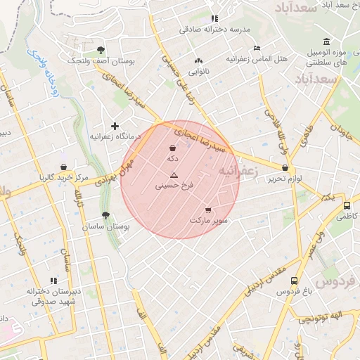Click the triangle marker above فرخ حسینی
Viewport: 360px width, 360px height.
(x=174, y=174)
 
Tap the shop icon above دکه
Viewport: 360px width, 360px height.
(x=173, y=148)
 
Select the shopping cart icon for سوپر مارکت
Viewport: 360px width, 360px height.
(x=208, y=210)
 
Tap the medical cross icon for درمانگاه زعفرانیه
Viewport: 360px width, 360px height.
(x=115, y=126)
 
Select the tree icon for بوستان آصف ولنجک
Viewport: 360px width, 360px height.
(x=101, y=50)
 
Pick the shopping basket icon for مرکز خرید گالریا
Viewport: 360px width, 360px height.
(x=64, y=167)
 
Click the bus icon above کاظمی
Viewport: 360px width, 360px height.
(x=347, y=205)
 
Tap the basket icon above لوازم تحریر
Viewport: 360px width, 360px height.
(x=285, y=168)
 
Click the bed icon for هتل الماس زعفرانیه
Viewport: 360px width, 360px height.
(x=257, y=49)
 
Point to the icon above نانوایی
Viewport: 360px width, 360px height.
(x=198, y=60)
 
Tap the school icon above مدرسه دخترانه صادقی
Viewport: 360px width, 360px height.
(x=214, y=18)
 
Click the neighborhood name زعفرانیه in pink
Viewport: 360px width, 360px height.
(x=238, y=171)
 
